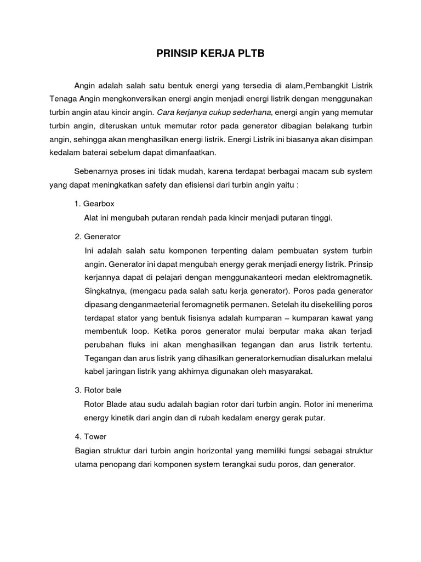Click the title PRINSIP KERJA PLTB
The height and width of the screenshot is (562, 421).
coord(210,54)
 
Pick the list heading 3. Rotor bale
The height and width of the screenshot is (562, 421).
coord(98,390)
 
